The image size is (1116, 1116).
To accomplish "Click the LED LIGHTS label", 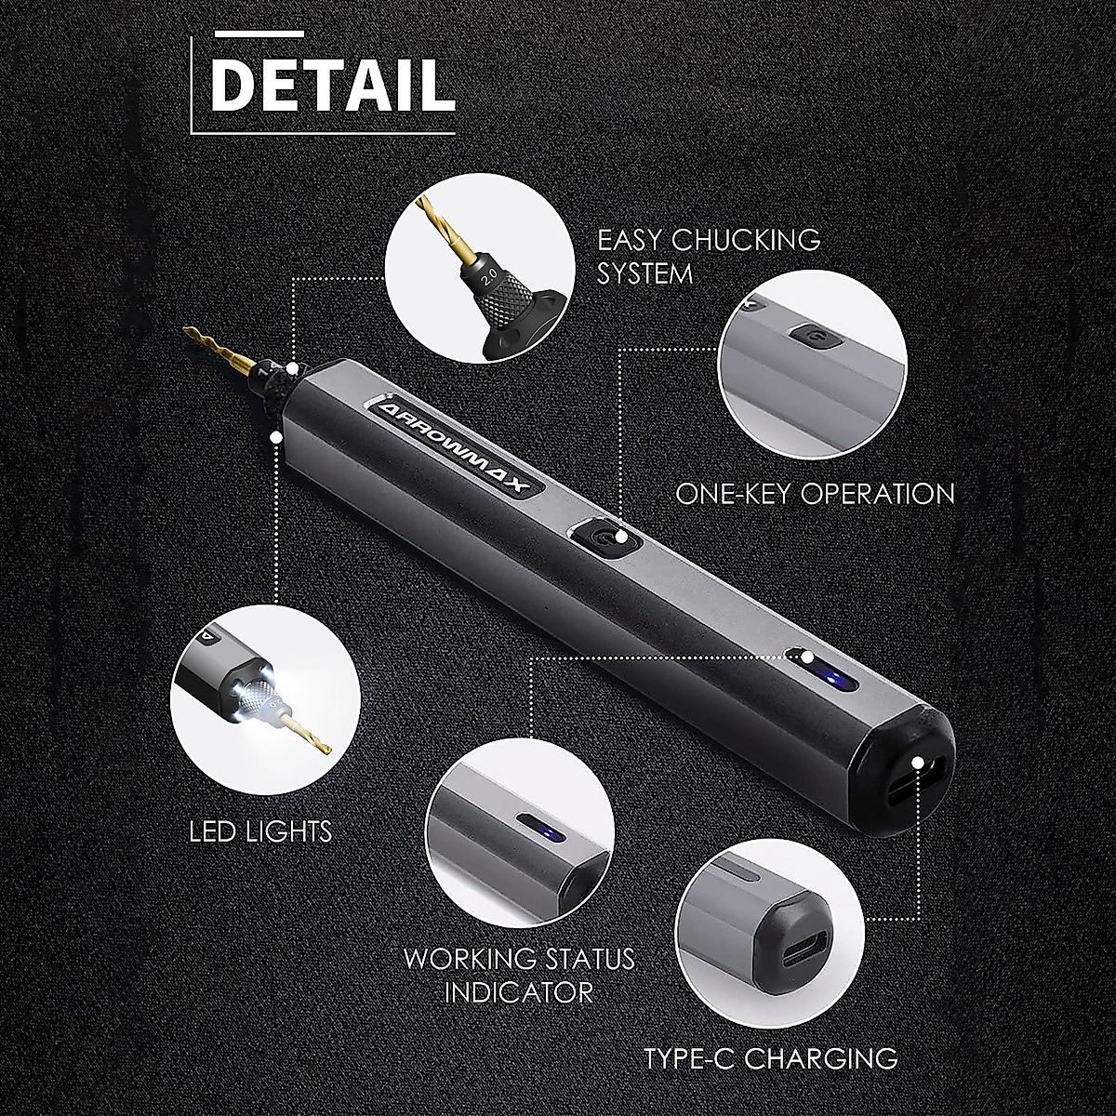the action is pyautogui.click(x=260, y=830).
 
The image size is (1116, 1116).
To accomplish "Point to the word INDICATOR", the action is pyautogui.click(x=518, y=992).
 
